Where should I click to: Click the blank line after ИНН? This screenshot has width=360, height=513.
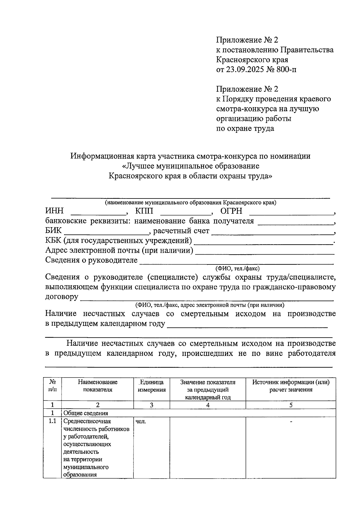point(98,214)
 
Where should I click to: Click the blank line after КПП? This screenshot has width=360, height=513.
point(185,214)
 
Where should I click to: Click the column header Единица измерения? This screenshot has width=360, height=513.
point(151,386)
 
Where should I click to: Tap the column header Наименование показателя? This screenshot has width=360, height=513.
point(97,386)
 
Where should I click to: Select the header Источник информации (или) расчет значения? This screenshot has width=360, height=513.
point(291,386)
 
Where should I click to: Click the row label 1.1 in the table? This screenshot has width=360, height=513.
point(52,421)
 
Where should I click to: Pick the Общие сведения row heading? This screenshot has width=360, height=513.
point(86,413)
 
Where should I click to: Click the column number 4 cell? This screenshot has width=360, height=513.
point(208,405)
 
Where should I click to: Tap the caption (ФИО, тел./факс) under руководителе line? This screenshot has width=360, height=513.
point(237,269)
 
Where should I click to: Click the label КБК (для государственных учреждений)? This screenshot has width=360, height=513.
point(118,241)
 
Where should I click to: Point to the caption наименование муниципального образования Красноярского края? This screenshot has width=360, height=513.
point(190,203)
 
